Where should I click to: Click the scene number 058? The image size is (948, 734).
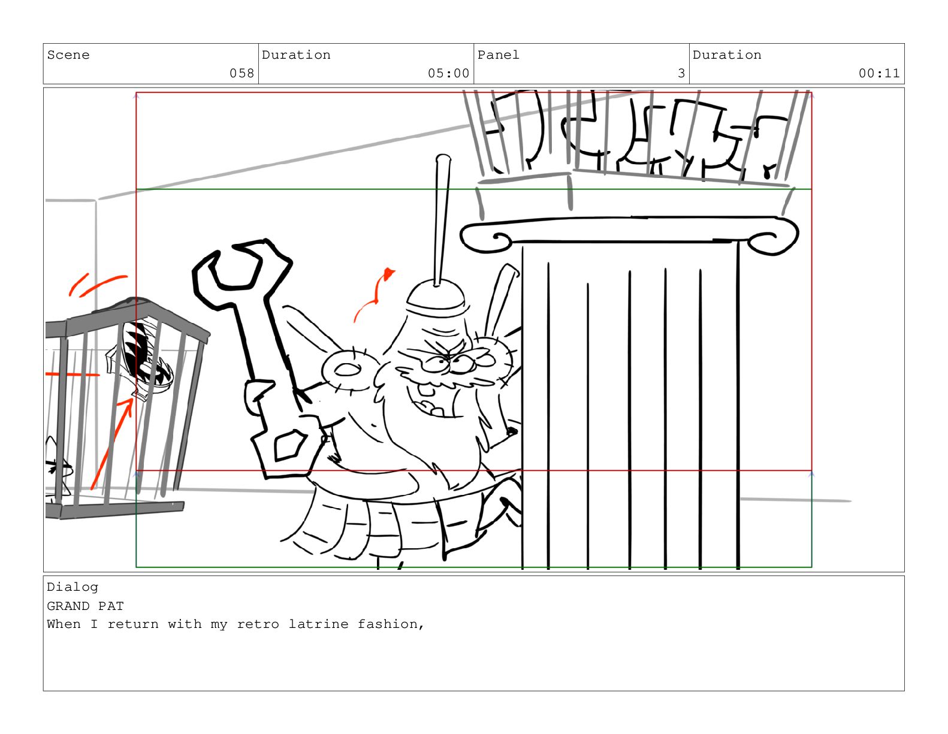click(241, 73)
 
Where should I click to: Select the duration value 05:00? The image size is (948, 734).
click(448, 73)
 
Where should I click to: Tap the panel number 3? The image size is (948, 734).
click(681, 73)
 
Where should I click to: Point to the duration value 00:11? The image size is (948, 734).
click(878, 73)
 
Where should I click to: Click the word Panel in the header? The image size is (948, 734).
click(498, 55)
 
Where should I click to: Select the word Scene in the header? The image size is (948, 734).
click(68, 55)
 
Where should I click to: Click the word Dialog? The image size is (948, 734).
click(73, 587)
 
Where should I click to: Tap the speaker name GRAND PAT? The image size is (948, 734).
click(85, 606)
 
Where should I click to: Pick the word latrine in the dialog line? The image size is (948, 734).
click(318, 624)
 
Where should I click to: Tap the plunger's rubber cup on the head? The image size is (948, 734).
click(436, 297)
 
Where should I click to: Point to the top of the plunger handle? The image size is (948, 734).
click(443, 158)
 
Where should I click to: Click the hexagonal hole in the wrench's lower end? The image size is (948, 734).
click(290, 445)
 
